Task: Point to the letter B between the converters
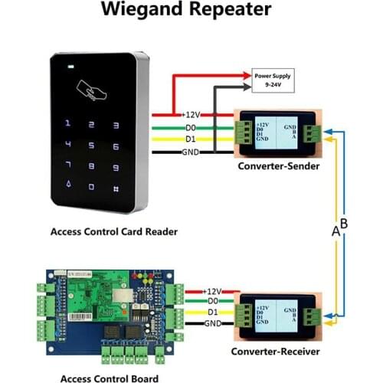click(344, 224)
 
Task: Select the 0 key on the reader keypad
click(93, 186)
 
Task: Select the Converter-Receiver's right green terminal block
click(313, 314)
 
